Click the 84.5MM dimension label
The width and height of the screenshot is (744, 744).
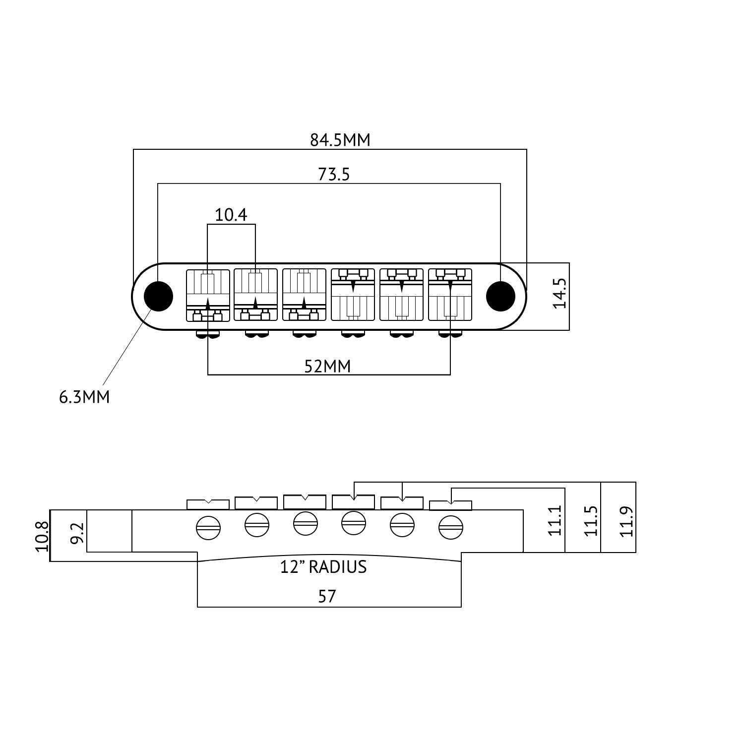[x=340, y=140]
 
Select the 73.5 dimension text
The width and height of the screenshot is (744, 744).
[x=334, y=175]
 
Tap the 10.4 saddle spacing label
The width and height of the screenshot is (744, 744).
[x=231, y=215]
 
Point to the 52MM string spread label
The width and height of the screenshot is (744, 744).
[x=327, y=367]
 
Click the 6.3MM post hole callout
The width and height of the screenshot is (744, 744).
[x=84, y=397]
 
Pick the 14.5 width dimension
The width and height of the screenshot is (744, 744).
[x=559, y=293]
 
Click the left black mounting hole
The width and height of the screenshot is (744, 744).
[x=158, y=296]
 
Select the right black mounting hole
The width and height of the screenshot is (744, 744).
[x=500, y=296]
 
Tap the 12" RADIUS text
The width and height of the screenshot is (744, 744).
[x=323, y=567]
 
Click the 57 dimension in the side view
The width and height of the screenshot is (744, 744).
[x=327, y=596]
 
